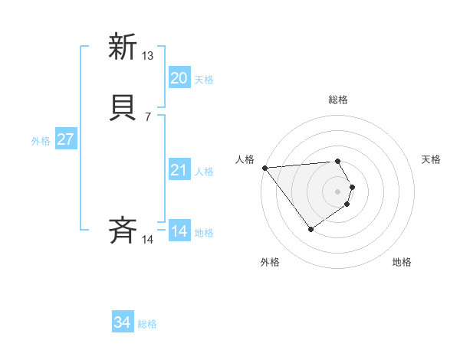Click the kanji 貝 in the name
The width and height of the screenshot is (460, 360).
pos(123,109)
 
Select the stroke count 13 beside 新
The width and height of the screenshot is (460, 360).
pos(148,56)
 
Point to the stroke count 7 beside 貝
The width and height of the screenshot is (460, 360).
pos(147,117)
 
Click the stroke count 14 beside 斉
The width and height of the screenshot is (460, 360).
pos(148,240)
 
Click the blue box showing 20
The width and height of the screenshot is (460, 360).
pos(179,78)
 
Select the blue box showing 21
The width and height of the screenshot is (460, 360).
pos(179,170)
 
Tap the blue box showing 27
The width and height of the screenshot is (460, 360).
pos(66,139)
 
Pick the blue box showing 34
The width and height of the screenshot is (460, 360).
pos(123,323)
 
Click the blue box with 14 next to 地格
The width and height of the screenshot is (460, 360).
pos(179,231)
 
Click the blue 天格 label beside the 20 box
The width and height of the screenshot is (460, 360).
pos(204,80)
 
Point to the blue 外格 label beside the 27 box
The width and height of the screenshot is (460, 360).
pos(41,141)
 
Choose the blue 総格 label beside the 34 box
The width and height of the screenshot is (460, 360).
pos(147,325)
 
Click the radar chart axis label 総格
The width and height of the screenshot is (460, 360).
pos(338,100)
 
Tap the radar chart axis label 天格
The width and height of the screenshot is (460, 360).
pos(432,159)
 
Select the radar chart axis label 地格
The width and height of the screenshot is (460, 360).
pos(402,262)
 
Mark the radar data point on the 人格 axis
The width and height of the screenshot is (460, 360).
pos(264,168)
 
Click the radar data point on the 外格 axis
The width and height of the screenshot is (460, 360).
pos(310,229)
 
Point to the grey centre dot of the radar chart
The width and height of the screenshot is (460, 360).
pos(338,191)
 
